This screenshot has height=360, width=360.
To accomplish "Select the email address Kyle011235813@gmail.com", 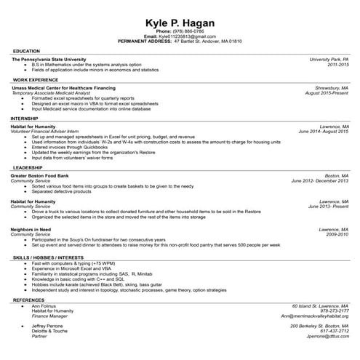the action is pyautogui.click(x=187, y=36).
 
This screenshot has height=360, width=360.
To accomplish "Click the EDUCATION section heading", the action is pyautogui.click(x=26, y=51).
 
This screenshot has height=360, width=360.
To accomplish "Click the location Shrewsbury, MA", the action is pyautogui.click(x=331, y=87).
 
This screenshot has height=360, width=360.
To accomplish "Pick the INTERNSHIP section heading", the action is pyautogui.click(x=28, y=118).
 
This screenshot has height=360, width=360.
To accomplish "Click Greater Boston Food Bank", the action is pyautogui.click(x=41, y=176).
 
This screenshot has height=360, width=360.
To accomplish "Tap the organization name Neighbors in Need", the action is pyautogui.click(x=32, y=228).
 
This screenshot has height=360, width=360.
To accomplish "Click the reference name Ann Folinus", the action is pyautogui.click(x=44, y=306).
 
